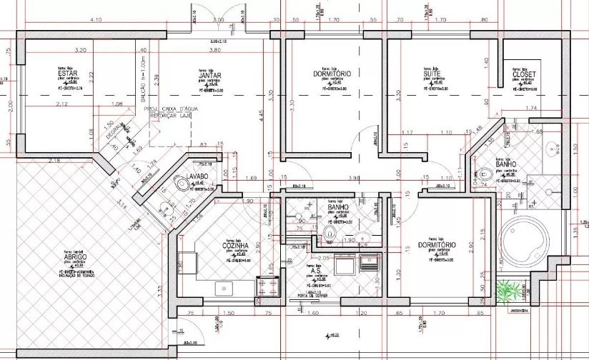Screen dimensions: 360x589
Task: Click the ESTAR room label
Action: click(69, 74)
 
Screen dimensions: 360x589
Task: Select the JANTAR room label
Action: click(209, 75)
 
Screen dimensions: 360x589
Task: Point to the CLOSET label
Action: click(525, 74)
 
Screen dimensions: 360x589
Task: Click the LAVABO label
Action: click(197, 176)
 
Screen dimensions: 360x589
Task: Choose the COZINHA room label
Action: click(229, 245)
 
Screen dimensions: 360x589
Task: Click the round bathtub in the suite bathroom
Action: click(525, 241)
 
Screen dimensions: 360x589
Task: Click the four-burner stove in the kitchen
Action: click(272, 286)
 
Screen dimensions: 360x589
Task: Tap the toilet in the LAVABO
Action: click(184, 186)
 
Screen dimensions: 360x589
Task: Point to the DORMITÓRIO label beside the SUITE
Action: click(332, 74)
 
